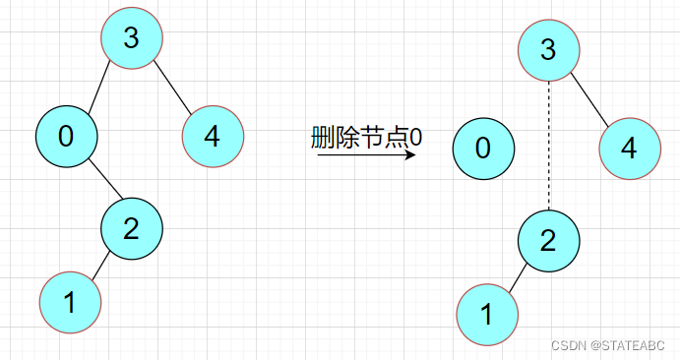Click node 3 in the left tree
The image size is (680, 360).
(132, 38)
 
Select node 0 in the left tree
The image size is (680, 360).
(66, 137)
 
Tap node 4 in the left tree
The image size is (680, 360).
(213, 136)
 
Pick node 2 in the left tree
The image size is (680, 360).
(132, 228)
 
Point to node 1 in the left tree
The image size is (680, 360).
(70, 302)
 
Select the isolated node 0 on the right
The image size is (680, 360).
(483, 149)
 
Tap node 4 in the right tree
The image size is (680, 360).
(629, 149)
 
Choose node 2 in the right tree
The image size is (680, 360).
(549, 240)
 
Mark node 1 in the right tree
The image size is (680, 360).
(487, 314)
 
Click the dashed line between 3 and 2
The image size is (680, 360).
(549, 146)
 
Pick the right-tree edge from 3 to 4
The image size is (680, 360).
(590, 100)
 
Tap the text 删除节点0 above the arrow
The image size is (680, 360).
(366, 137)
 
